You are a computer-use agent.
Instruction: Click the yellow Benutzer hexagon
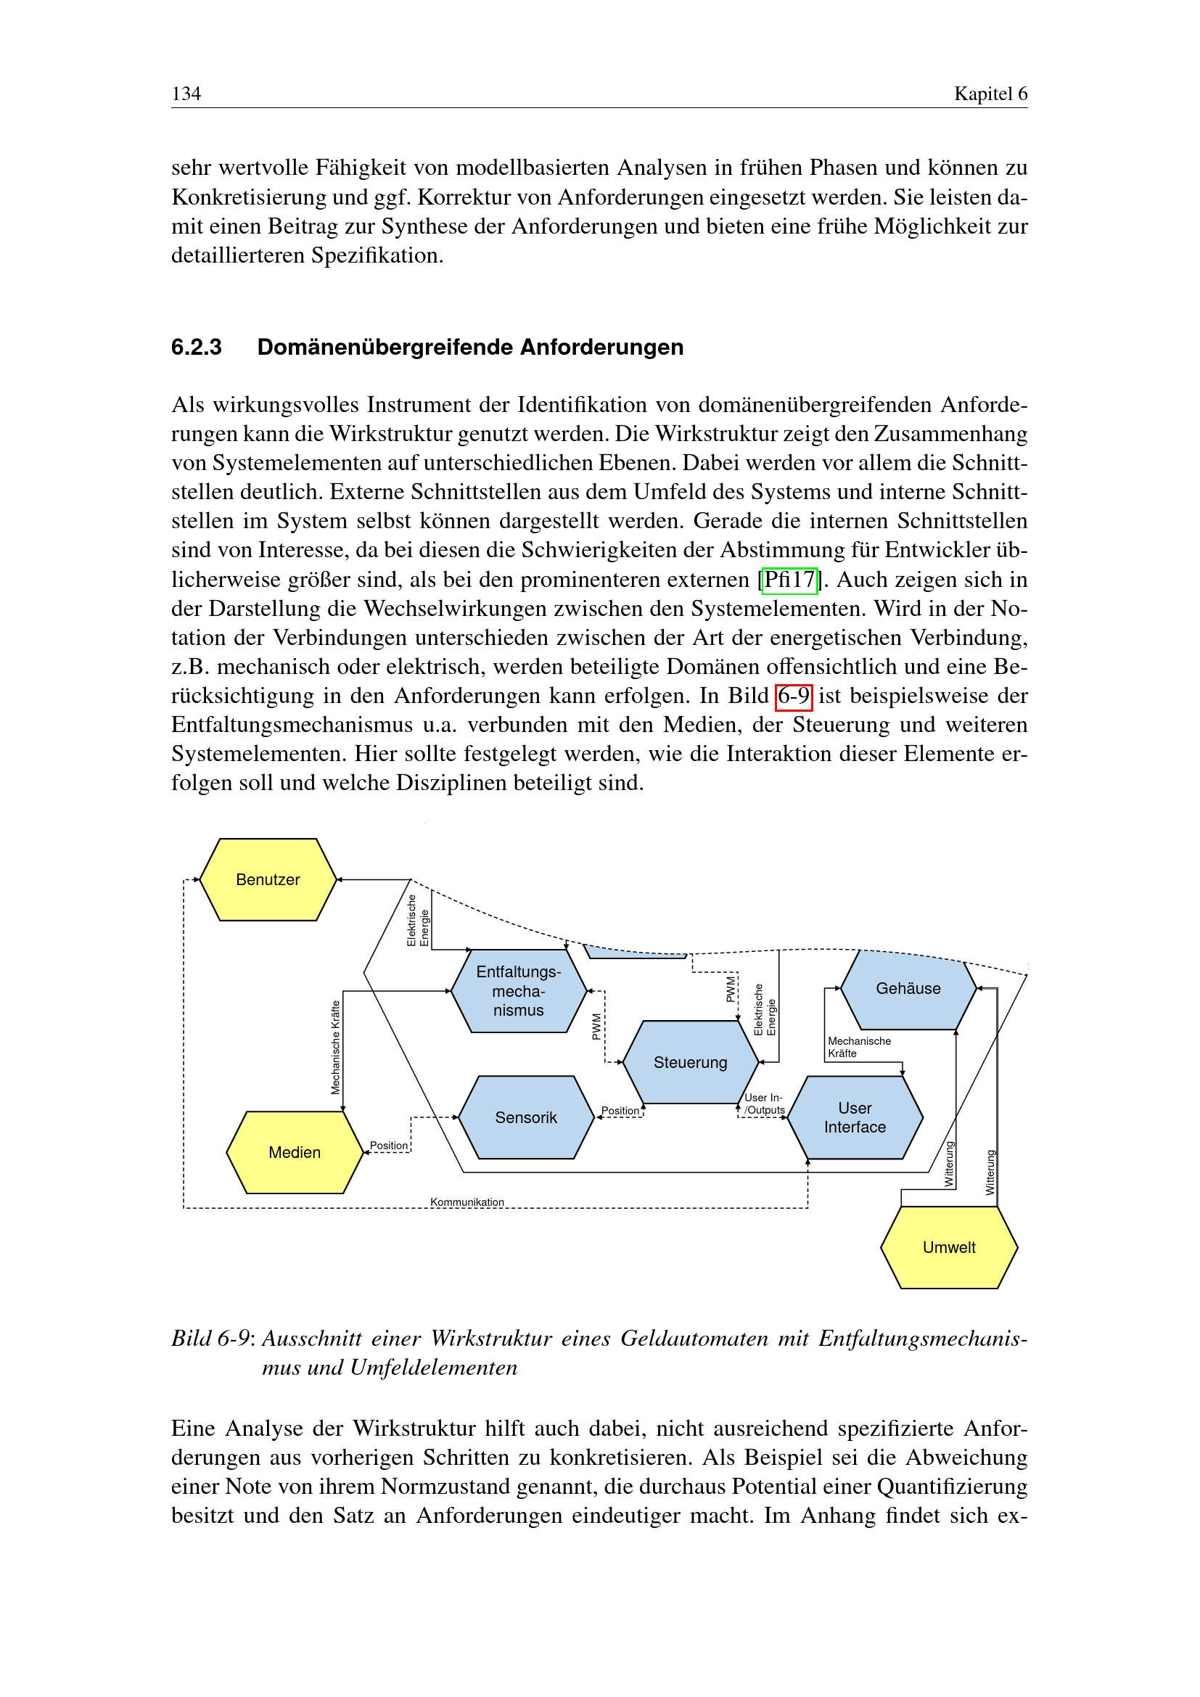[268, 879]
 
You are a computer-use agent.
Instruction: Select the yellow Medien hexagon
[294, 1152]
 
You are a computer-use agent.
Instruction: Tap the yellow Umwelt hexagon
[949, 1248]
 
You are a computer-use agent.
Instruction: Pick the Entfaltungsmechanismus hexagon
[518, 991]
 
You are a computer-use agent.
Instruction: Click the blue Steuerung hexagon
[690, 1062]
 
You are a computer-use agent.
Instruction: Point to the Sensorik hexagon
[525, 1117]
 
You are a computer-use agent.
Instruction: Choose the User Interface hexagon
[855, 1117]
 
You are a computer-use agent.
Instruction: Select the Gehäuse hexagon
[908, 989]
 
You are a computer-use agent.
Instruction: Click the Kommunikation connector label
[467, 1202]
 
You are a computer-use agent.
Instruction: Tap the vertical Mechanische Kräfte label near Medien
[336, 1048]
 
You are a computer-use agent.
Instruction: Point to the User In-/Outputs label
[764, 1104]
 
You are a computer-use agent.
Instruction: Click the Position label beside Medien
[389, 1146]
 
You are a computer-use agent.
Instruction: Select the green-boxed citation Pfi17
[789, 580]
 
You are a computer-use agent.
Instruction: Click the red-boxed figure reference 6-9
[794, 697]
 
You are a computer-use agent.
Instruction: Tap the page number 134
[186, 94]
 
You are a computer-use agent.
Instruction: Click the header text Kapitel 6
[990, 94]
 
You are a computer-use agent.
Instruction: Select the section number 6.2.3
[197, 348]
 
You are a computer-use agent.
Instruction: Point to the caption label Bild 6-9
[210, 1339]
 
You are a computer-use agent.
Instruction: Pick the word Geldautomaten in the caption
[694, 1339]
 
